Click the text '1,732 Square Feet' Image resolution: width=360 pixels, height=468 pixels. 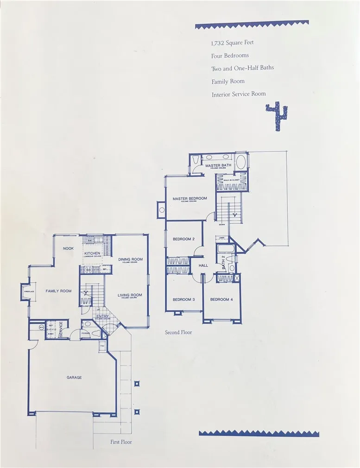click(x=232, y=43)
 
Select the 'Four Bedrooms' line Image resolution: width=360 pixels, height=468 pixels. click(x=230, y=56)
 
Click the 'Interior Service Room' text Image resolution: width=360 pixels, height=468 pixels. click(x=239, y=94)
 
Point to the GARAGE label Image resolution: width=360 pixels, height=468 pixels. click(x=74, y=378)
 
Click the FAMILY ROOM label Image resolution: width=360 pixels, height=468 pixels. click(x=58, y=291)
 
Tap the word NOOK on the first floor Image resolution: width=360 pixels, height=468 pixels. click(x=69, y=248)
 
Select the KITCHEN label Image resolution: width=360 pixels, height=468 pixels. click(x=92, y=253)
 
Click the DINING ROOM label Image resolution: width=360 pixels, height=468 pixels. click(x=130, y=259)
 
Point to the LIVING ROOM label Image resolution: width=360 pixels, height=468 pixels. click(x=129, y=295)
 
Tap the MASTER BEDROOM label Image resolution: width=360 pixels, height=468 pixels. click(x=189, y=199)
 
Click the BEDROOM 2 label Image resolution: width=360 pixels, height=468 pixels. click(x=183, y=239)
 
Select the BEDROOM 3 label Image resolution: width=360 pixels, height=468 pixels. click(x=183, y=299)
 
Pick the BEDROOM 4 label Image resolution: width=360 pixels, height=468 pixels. click(x=221, y=299)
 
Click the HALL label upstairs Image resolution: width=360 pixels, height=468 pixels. click(x=203, y=266)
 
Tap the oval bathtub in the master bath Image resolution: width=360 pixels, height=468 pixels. click(x=241, y=163)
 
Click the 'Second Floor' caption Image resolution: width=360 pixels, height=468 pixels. click(x=178, y=332)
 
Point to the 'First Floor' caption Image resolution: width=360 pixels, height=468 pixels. click(x=121, y=442)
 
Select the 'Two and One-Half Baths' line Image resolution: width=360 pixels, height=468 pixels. click(x=242, y=68)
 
